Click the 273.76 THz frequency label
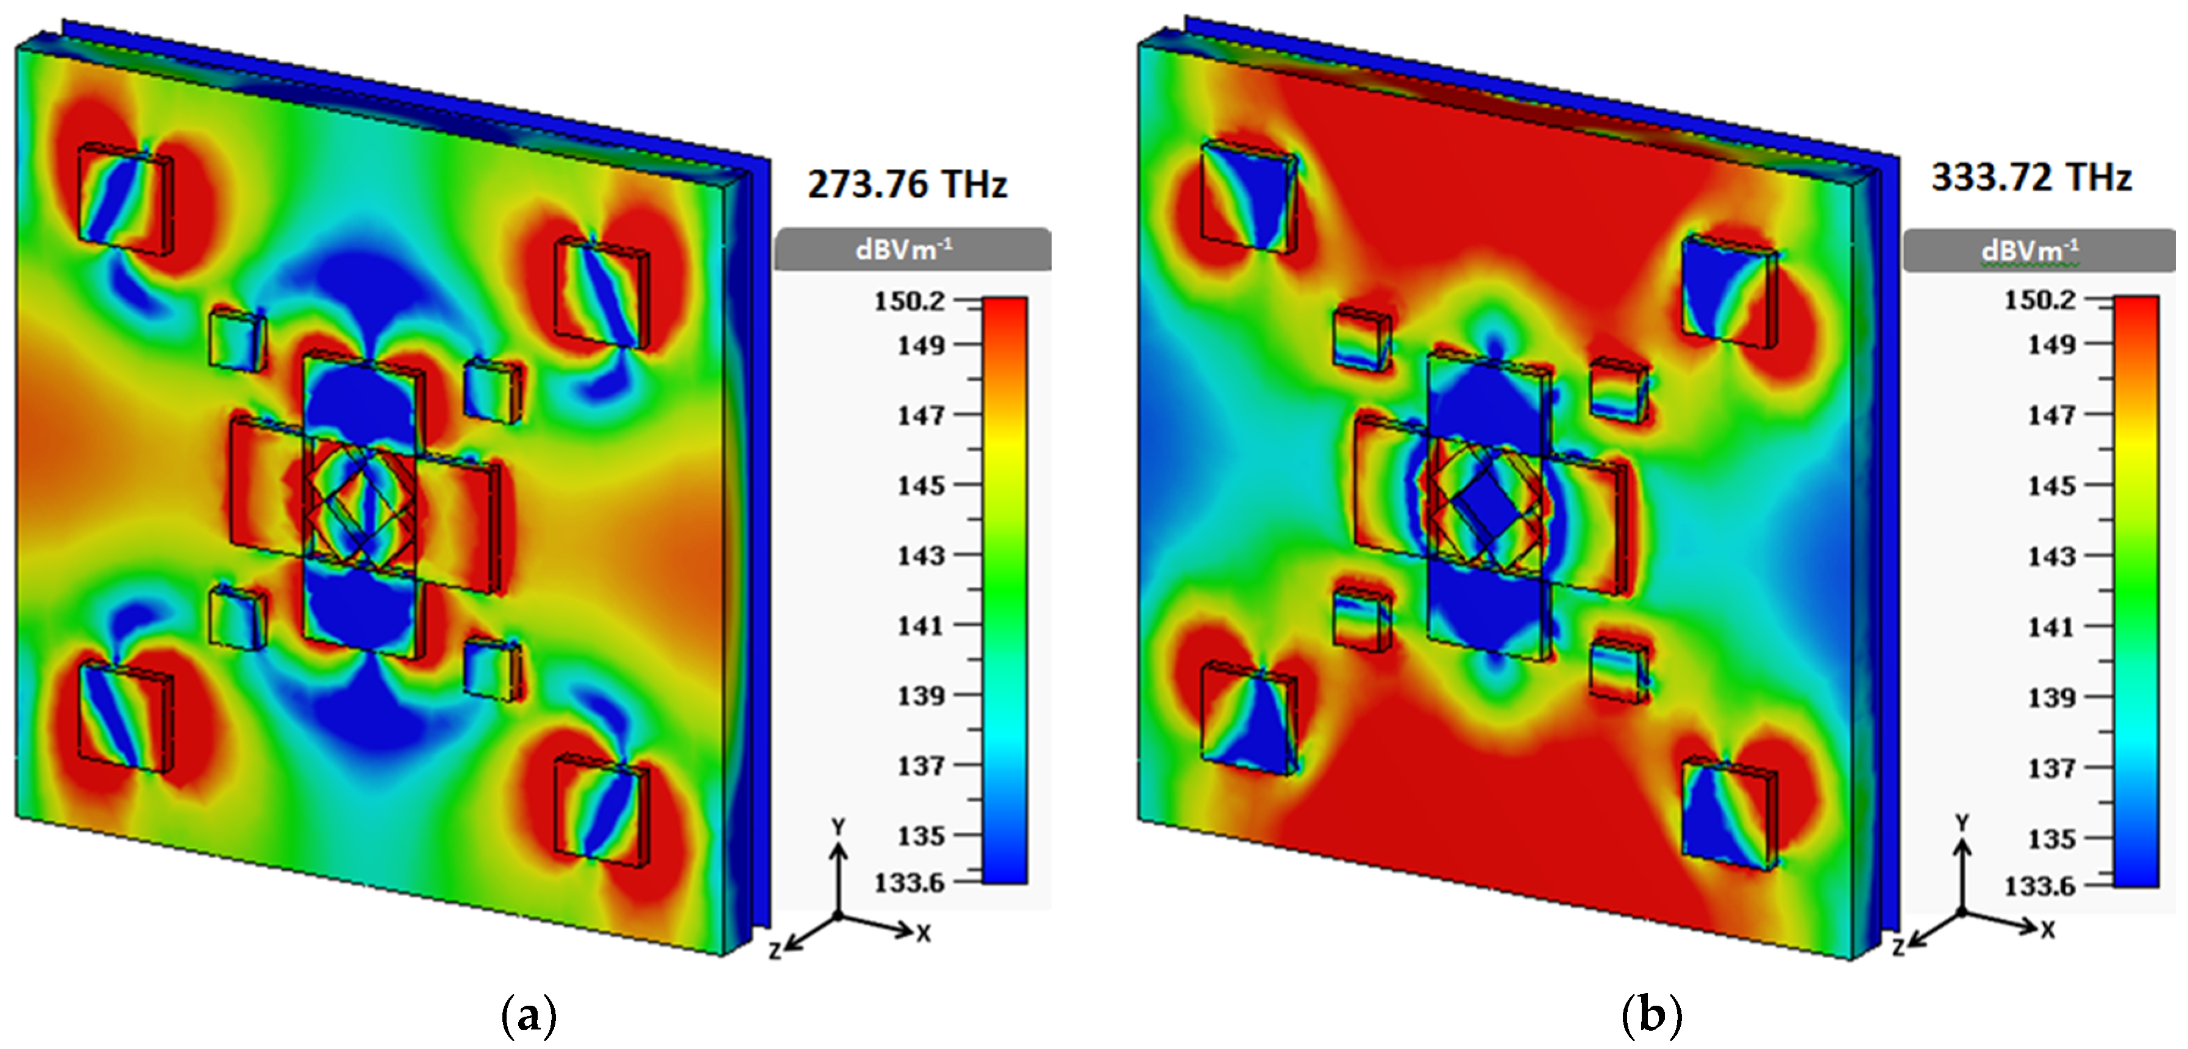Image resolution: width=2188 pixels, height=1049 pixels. [x=907, y=184]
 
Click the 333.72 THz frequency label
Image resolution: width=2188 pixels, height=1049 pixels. [x=2032, y=177]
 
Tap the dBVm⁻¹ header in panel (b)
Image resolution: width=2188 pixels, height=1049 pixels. [x=2030, y=251]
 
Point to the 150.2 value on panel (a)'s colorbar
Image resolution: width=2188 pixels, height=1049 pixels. [x=910, y=300]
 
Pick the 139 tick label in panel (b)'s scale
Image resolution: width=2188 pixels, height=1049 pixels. [x=2051, y=697]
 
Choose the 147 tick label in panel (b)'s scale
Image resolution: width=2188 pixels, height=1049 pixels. [x=2051, y=415]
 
